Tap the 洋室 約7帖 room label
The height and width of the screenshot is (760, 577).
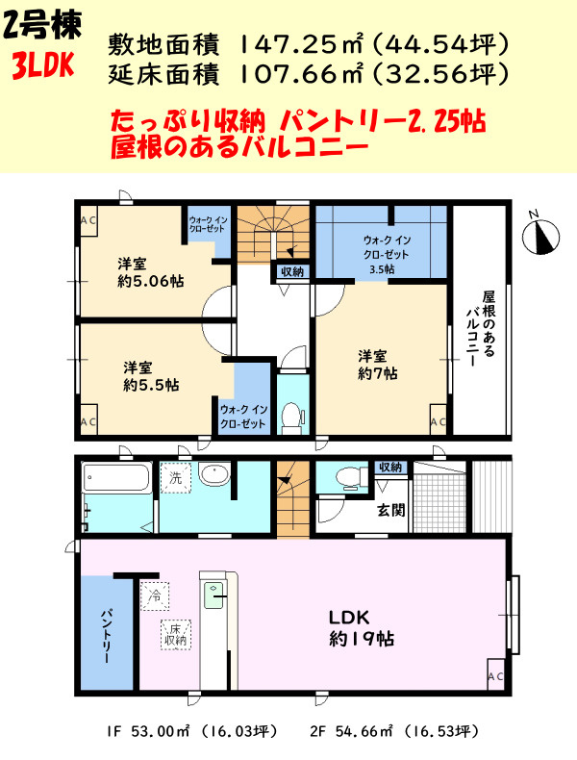pos(378,365)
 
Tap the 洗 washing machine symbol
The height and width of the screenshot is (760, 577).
pos(176,478)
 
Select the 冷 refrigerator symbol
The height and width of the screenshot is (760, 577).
pos(155,595)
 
